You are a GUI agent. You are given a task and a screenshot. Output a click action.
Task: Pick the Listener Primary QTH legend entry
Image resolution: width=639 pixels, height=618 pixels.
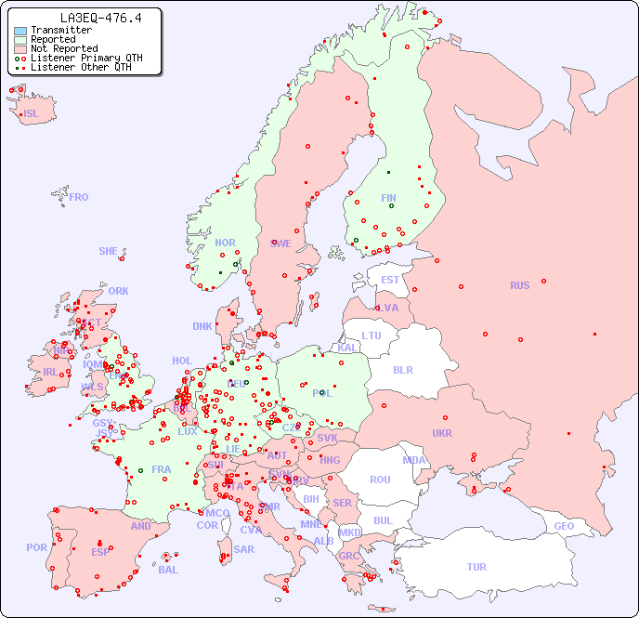pos(86,58)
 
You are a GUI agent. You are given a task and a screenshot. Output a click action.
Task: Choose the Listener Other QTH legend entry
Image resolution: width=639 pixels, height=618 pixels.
pos(82,67)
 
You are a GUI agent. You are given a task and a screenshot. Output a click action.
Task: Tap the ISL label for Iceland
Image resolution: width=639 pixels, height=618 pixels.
pos(32,114)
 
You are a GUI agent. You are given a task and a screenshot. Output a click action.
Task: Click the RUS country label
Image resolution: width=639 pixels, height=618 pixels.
pos(519,285)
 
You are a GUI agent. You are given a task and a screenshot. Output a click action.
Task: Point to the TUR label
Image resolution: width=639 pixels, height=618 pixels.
pos(476,567)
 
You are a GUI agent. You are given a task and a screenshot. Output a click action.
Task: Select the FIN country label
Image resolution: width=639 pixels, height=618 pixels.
pos(388,198)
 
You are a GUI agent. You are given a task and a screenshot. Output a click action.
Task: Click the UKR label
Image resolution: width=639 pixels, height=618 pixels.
pos(441,433)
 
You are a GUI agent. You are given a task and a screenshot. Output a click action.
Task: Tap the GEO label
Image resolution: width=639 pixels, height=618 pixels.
pos(564,526)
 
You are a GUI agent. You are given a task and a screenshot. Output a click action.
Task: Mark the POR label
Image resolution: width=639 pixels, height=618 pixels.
pos(36,547)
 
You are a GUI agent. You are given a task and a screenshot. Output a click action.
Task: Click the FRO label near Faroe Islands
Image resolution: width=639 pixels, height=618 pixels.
pos(79,197)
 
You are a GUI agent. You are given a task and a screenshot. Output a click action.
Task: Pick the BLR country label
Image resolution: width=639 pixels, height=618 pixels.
pos(402,369)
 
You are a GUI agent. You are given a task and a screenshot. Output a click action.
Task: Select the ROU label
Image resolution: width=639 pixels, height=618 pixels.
pos(380,480)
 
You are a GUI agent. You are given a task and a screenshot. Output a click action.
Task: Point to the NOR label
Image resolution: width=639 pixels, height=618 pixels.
pos(225,243)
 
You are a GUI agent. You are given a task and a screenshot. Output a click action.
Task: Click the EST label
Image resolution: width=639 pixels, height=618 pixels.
pos(390,280)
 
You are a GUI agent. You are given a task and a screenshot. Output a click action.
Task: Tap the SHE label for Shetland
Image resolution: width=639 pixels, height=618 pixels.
pos(109,251)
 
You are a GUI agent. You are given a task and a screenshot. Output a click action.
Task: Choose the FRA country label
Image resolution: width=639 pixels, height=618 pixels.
pos(162,469)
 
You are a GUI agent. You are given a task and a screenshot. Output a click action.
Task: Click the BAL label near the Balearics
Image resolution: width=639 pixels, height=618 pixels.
pos(167,570)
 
